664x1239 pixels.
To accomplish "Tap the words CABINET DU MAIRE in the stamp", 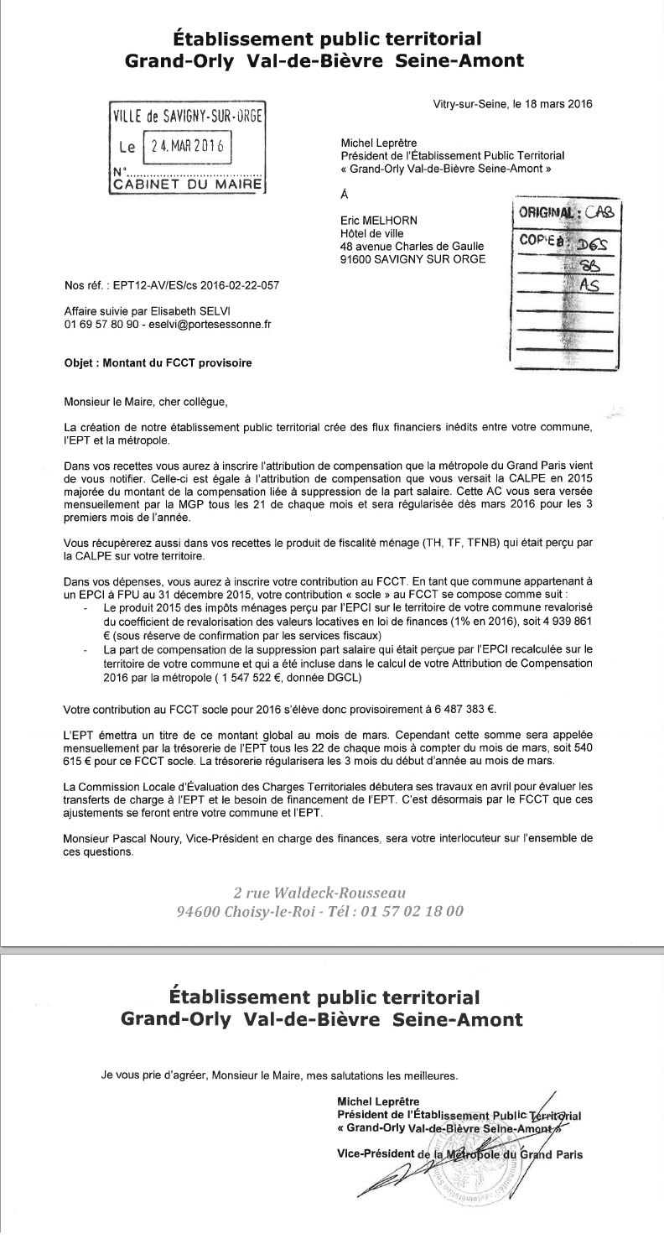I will [x=187, y=183].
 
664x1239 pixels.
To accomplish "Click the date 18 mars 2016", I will [x=558, y=105].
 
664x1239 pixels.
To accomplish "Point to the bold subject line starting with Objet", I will [x=158, y=363].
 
